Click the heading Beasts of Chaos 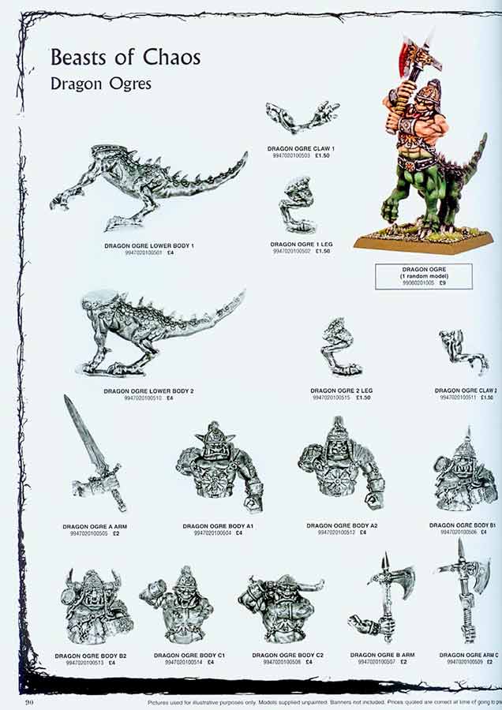(x=126, y=57)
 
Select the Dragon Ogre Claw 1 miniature (x=302, y=118)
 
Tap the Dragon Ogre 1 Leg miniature (x=298, y=206)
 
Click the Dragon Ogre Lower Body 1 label (x=149, y=246)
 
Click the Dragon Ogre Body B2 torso (x=96, y=607)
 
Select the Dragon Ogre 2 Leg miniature (x=340, y=347)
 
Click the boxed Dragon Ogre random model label (x=424, y=276)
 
